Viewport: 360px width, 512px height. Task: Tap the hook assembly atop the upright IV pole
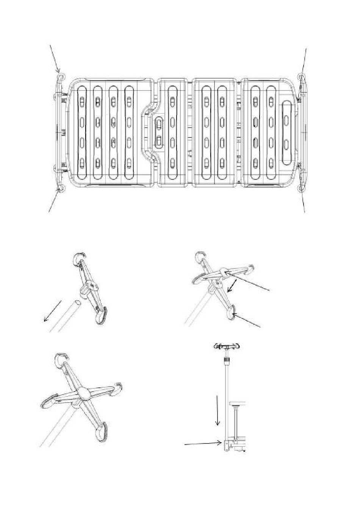(227, 346)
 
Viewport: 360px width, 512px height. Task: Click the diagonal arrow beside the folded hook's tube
(53, 311)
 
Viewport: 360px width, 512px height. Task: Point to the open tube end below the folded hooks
(77, 303)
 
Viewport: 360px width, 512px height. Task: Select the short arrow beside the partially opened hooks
(233, 286)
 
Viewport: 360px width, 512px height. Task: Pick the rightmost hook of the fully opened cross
(118, 387)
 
